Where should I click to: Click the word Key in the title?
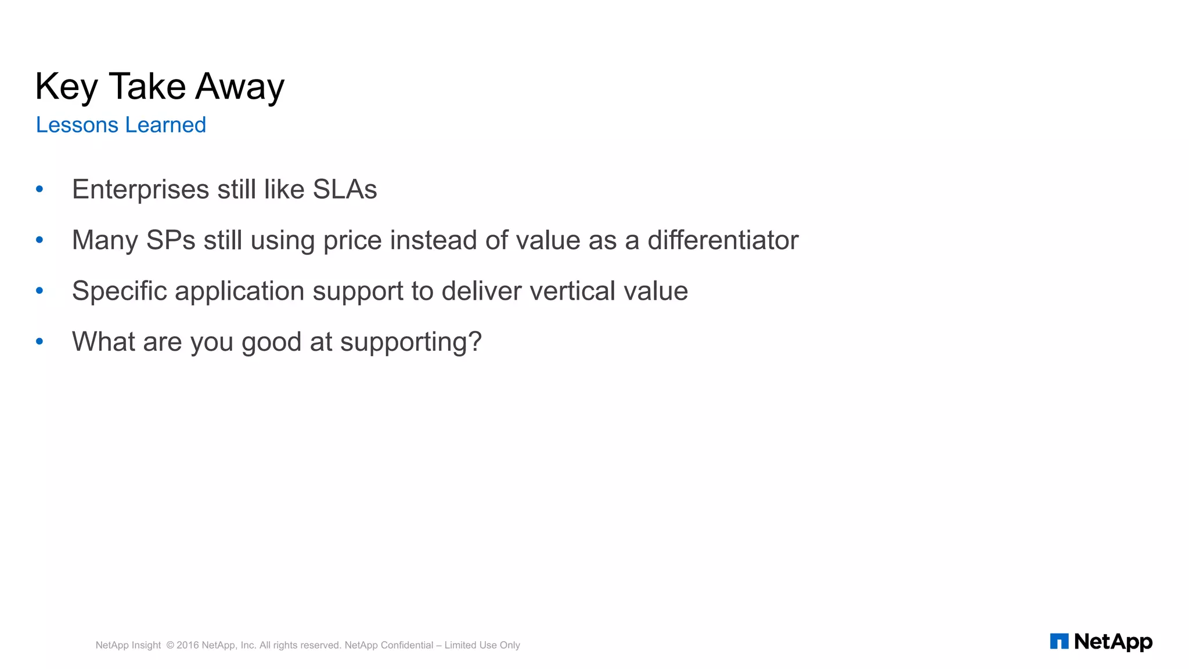pyautogui.click(x=66, y=87)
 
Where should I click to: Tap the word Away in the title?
pyautogui.click(x=239, y=87)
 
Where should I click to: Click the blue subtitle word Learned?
pyautogui.click(x=165, y=125)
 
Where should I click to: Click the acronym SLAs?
pyautogui.click(x=345, y=189)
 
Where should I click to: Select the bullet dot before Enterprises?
pyautogui.click(x=39, y=189)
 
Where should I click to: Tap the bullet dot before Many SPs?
pyautogui.click(x=39, y=239)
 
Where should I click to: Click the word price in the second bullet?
pyautogui.click(x=352, y=240)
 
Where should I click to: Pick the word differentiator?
pyautogui.click(x=723, y=240)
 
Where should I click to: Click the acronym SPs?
pyautogui.click(x=171, y=240)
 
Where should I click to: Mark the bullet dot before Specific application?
pyautogui.click(x=39, y=290)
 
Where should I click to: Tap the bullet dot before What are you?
pyautogui.click(x=39, y=341)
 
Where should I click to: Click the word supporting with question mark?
pyautogui.click(x=410, y=342)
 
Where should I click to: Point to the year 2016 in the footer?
pyautogui.click(x=188, y=645)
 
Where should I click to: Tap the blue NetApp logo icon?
pyautogui.click(x=1059, y=641)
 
